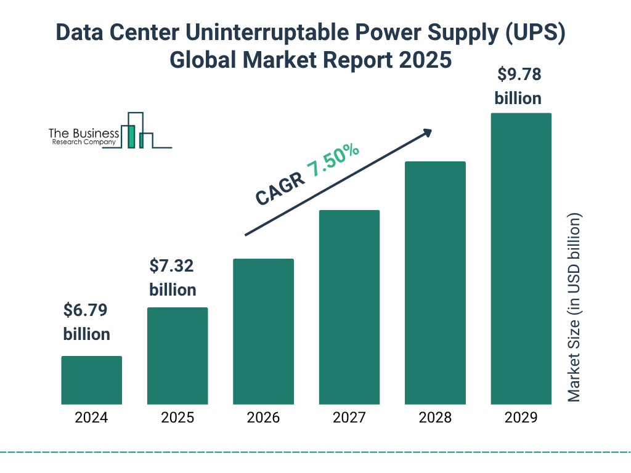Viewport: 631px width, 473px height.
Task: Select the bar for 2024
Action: [x=91, y=380]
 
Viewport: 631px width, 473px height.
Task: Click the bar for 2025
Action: [x=177, y=356]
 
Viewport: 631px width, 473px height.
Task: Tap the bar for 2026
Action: [x=263, y=331]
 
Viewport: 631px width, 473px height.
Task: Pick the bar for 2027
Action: [x=349, y=307]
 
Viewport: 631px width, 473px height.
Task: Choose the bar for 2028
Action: [x=435, y=283]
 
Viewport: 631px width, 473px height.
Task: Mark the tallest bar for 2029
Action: [x=521, y=259]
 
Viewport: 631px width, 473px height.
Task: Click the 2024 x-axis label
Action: [x=91, y=418]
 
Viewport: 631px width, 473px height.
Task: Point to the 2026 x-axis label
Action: [x=263, y=418]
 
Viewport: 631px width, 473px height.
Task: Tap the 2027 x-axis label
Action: [x=349, y=418]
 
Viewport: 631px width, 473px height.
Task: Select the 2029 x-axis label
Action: [x=521, y=418]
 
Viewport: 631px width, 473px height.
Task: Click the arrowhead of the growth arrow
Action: [x=426, y=133]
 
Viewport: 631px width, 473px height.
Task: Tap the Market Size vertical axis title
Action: [x=574, y=308]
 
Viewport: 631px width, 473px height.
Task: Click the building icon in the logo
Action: [x=137, y=131]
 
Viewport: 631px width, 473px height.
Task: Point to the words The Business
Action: [x=84, y=134]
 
